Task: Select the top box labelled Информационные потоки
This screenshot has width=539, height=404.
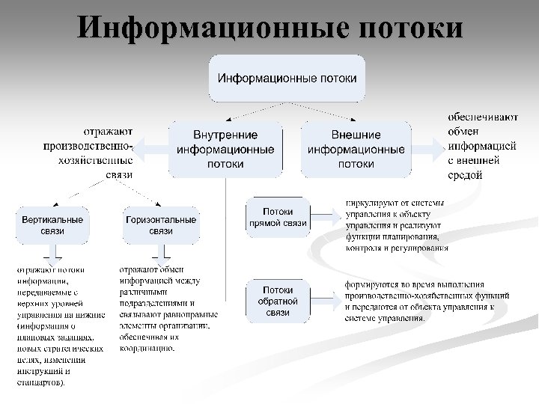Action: (x=287, y=78)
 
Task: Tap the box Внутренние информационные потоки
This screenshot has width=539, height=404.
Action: (x=225, y=149)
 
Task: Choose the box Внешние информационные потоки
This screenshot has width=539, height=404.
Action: (x=356, y=149)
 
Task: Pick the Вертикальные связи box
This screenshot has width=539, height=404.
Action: (x=52, y=225)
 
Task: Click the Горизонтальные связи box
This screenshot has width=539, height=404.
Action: (x=161, y=225)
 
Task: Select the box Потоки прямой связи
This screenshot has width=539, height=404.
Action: (x=278, y=217)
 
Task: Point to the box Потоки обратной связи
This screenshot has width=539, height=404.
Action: (x=278, y=301)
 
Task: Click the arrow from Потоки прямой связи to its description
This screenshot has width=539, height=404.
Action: (x=323, y=217)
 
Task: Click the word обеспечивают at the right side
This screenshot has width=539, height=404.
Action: (x=483, y=117)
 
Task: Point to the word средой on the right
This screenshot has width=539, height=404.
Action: (x=465, y=175)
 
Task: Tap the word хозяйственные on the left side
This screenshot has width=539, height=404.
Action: (x=96, y=159)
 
